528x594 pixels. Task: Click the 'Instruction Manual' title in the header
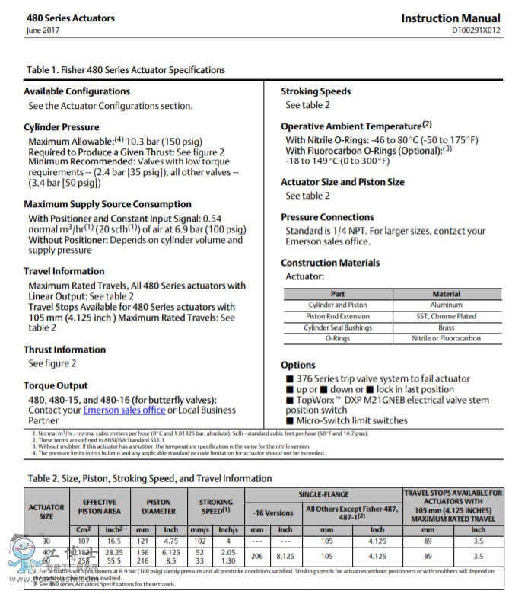pyautogui.click(x=450, y=18)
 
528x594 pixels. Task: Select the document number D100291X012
pyautogui.click(x=476, y=31)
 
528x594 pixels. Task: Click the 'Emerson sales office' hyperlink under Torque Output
pyautogui.click(x=124, y=410)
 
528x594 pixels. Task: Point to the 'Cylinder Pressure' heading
pyautogui.click(x=62, y=127)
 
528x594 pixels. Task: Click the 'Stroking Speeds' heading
pyautogui.click(x=316, y=91)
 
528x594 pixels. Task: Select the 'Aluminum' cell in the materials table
pyautogui.click(x=446, y=305)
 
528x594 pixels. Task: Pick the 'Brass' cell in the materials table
pyautogui.click(x=446, y=327)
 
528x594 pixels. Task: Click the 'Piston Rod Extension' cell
pyautogui.click(x=338, y=316)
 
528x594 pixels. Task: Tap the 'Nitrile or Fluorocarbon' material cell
pyautogui.click(x=446, y=338)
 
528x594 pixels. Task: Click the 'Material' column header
pyautogui.click(x=446, y=294)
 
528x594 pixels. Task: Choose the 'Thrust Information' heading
pyautogui.click(x=65, y=350)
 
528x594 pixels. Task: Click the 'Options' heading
pyautogui.click(x=298, y=365)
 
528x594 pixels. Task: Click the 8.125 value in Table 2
pyautogui.click(x=285, y=556)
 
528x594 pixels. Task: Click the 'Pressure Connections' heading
pyautogui.click(x=327, y=217)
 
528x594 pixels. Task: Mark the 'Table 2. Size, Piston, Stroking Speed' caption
pyautogui.click(x=149, y=478)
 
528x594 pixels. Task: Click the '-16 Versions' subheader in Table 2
pyautogui.click(x=273, y=512)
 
